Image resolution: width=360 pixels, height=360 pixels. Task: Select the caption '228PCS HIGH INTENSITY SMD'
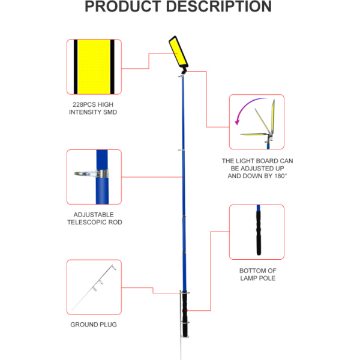[93, 108]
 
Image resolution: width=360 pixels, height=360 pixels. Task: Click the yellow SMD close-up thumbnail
[94, 66]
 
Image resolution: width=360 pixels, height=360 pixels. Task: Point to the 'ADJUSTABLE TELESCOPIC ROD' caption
[94, 218]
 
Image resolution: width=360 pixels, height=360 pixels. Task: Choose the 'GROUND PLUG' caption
[94, 325]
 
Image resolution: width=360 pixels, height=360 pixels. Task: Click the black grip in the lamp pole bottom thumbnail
[259, 231]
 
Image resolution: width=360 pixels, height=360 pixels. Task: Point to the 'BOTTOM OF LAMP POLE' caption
[257, 274]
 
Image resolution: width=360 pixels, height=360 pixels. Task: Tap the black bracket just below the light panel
[182, 74]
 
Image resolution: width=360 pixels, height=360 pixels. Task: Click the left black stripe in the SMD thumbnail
[76, 66]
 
